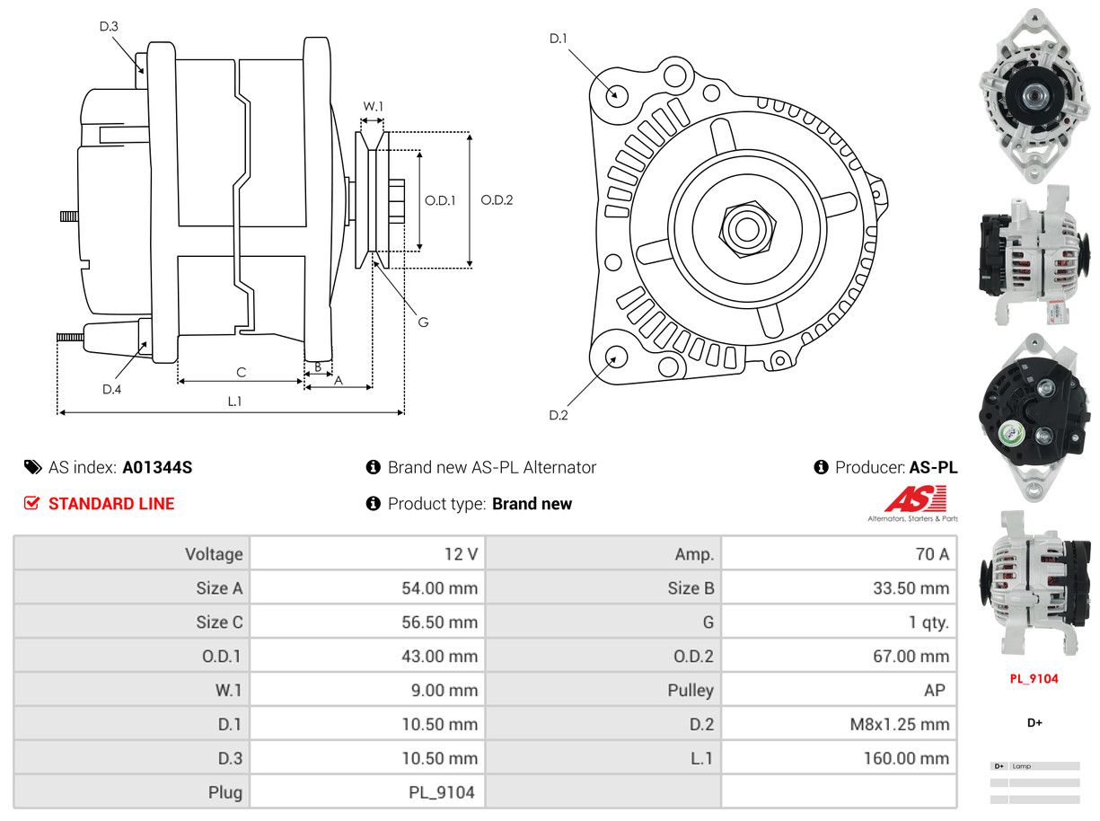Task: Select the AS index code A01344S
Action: point(157,467)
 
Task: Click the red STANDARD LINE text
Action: point(111,504)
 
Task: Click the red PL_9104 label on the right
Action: point(1034,679)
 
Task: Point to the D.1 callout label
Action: point(559,39)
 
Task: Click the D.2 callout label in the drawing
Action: point(559,415)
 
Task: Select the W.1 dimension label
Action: point(373,106)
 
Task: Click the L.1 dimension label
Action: point(233,402)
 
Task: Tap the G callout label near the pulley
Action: point(423,322)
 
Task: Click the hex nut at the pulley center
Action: point(744,228)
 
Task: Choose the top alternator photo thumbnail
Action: point(1033,93)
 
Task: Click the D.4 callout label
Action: point(111,389)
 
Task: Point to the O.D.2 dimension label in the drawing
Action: point(497,200)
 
